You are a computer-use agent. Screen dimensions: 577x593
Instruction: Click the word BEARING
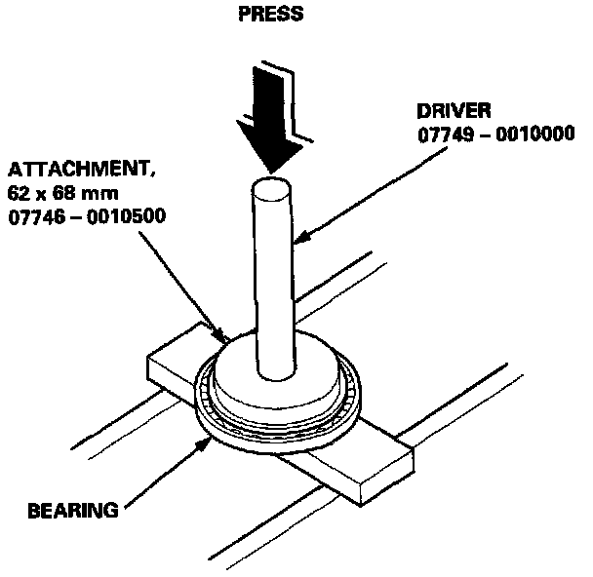point(73,510)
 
